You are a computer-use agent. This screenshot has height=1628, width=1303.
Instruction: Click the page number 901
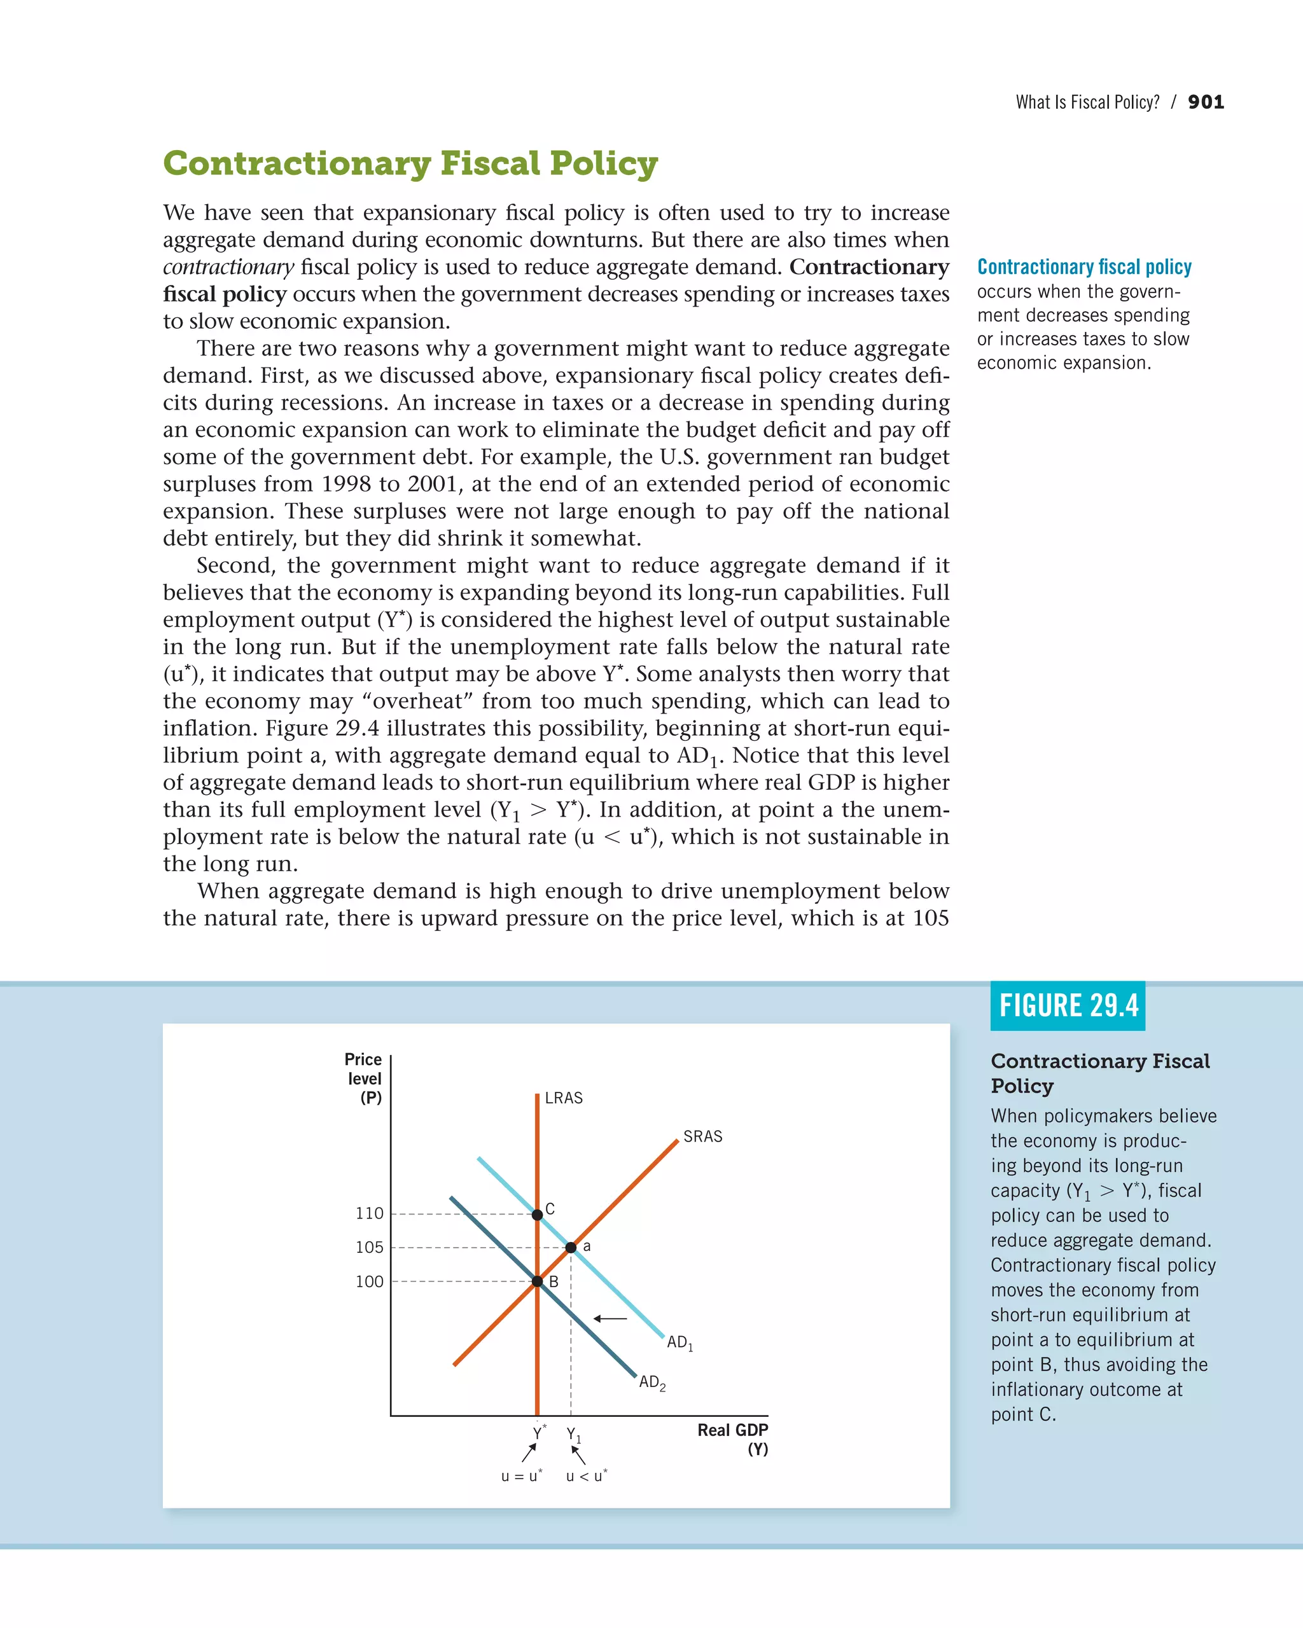(x=1206, y=102)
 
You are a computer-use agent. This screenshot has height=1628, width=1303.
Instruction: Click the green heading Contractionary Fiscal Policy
(x=410, y=164)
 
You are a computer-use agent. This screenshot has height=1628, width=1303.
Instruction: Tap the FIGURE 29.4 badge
(x=1068, y=1006)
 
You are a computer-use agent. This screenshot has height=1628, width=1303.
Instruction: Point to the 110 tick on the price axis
(x=370, y=1213)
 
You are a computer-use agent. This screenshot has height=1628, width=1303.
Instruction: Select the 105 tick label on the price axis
(x=370, y=1248)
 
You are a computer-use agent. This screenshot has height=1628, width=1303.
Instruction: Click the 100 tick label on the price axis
(x=370, y=1281)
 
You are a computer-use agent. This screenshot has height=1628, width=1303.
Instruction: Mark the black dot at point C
(x=537, y=1214)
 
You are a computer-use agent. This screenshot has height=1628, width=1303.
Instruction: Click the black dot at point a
(x=571, y=1248)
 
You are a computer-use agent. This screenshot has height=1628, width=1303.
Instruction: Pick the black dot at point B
(x=537, y=1281)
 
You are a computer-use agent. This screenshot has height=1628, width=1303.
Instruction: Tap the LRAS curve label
(x=564, y=1098)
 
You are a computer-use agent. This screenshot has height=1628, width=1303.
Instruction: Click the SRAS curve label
(x=702, y=1136)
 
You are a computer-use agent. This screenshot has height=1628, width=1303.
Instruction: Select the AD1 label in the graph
(x=679, y=1342)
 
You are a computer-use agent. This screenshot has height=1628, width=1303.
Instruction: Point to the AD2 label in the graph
(x=652, y=1383)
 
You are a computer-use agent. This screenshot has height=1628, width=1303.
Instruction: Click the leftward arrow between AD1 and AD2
(x=610, y=1318)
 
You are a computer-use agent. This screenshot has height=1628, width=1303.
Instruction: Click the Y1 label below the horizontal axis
(x=573, y=1435)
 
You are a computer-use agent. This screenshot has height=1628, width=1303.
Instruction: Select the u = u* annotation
(x=521, y=1476)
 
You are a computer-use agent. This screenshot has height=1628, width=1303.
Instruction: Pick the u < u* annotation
(x=586, y=1476)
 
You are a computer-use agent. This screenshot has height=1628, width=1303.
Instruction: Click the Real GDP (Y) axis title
(x=733, y=1439)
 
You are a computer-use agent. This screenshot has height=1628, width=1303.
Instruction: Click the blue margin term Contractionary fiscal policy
(x=1084, y=267)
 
